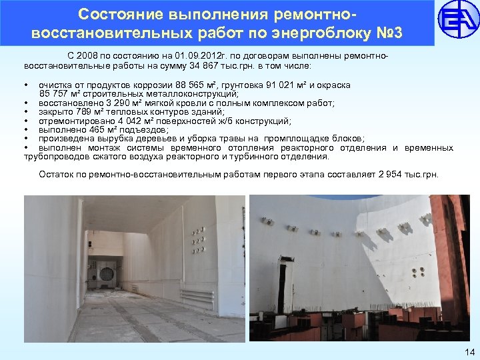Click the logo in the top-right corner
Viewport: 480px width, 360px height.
tap(457, 22)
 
